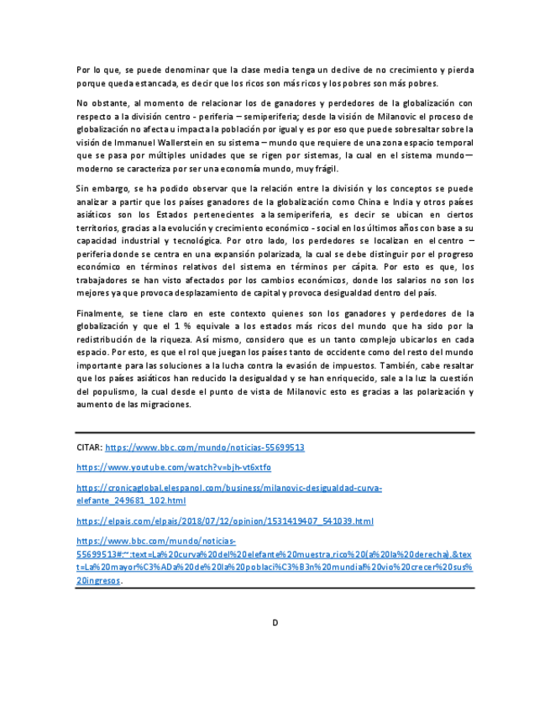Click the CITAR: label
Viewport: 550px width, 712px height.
pyautogui.click(x=88, y=448)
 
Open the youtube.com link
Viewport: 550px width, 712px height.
pyautogui.click(x=174, y=467)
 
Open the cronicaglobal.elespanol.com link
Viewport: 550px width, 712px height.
pyautogui.click(x=228, y=487)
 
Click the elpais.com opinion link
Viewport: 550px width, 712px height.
pyautogui.click(x=224, y=521)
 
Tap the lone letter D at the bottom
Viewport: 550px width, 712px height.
pyautogui.click(x=275, y=622)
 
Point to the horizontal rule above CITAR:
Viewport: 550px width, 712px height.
pyautogui.click(x=275, y=432)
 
